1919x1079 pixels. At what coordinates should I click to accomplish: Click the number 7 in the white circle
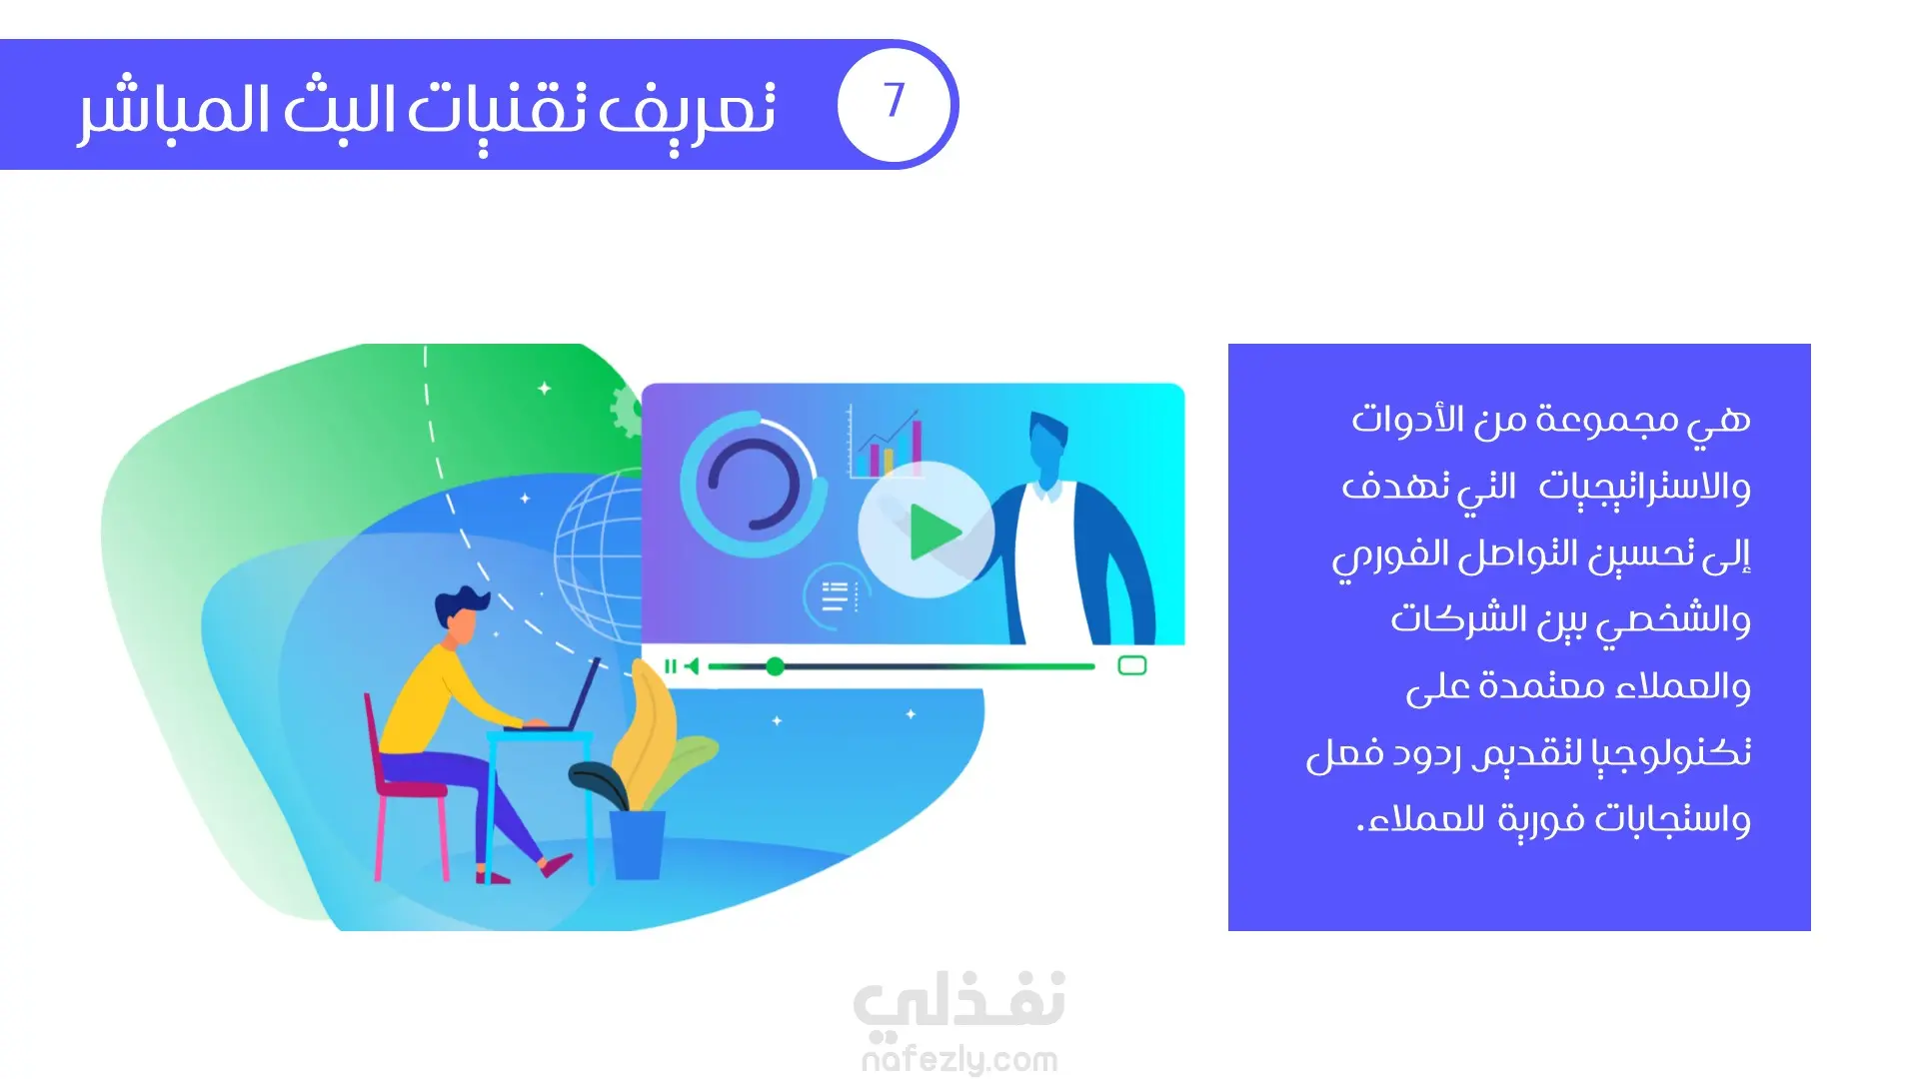click(x=894, y=100)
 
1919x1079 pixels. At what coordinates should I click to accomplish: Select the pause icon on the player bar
click(x=670, y=666)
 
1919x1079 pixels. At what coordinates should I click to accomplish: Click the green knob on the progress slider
click(x=775, y=666)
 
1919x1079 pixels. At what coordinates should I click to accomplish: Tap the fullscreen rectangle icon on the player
click(x=1131, y=665)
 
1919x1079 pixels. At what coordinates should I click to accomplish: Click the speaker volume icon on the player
click(x=692, y=666)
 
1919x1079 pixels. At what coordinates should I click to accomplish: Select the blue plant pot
click(x=637, y=844)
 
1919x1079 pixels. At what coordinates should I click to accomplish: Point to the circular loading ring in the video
click(x=753, y=484)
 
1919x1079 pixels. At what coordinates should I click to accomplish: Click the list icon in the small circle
click(x=835, y=596)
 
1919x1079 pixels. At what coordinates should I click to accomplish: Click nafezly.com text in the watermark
click(x=959, y=1059)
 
